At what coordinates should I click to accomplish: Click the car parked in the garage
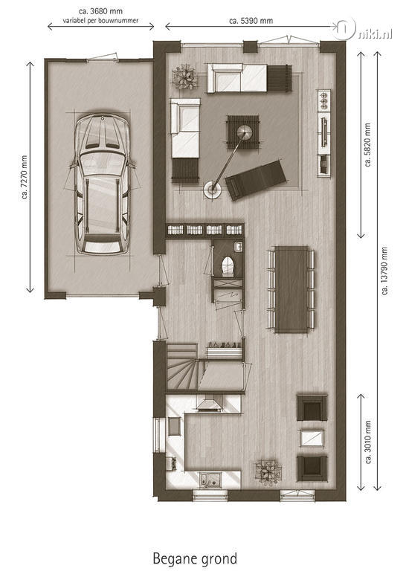coord(103,184)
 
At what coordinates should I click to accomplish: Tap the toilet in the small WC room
coord(228,265)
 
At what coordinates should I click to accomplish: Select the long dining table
coord(291,289)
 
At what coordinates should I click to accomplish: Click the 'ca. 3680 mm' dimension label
coord(100,11)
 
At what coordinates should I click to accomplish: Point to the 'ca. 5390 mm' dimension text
coord(251,20)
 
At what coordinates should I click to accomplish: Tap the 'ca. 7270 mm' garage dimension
coord(24,178)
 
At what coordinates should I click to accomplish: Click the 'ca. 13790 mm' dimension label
coord(384,271)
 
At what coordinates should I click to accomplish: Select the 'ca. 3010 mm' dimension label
coord(368,442)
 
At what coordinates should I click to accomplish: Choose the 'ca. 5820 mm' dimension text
coord(367,145)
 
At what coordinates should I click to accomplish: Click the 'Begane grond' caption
coord(195,558)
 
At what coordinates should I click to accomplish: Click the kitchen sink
coord(210,479)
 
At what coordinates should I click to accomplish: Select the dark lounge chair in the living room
coord(255,179)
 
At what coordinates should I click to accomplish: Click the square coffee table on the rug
coord(244,132)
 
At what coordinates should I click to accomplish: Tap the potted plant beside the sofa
coord(185,77)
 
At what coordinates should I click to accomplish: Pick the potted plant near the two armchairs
coord(268,471)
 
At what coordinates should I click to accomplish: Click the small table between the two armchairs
coord(312,438)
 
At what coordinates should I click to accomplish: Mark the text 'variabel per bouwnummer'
coord(100,21)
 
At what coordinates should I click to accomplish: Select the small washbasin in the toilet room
coord(239,246)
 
